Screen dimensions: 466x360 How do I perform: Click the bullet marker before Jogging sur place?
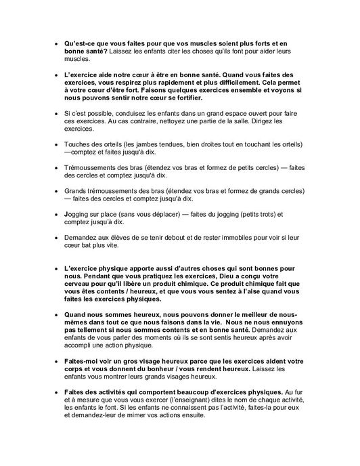coord(56,215)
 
